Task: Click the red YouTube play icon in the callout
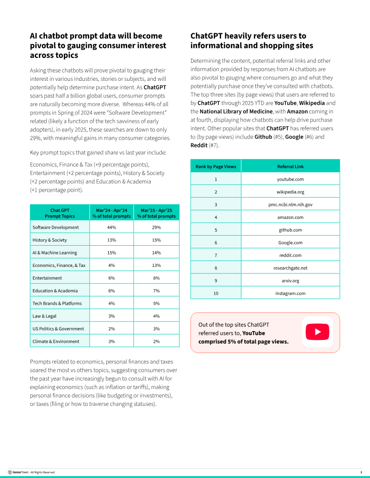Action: (317, 332)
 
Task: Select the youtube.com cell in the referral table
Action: (290, 179)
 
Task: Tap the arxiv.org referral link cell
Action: (290, 280)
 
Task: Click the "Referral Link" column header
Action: (290, 166)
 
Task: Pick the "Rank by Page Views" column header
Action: (216, 166)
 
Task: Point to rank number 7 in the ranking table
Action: (216, 255)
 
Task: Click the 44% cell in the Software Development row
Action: (111, 227)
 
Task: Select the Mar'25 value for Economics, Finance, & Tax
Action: (156, 266)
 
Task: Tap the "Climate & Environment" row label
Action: (56, 341)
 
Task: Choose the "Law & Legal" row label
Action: (44, 316)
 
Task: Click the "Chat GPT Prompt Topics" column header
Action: (60, 213)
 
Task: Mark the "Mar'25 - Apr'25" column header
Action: (156, 213)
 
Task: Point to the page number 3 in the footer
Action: (361, 472)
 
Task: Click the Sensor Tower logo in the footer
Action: (18, 472)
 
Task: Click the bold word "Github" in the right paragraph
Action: (263, 137)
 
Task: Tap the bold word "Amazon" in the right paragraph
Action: (297, 111)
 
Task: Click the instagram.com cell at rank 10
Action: (290, 293)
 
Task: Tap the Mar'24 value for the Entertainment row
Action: (111, 278)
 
